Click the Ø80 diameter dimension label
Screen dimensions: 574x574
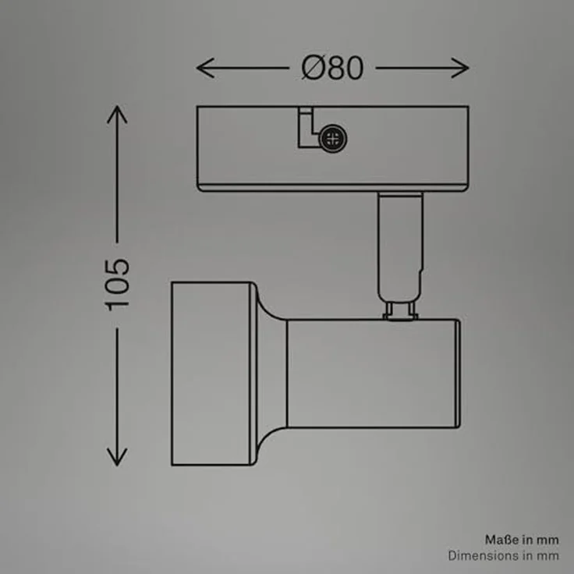332,68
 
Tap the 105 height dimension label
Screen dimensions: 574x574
118,285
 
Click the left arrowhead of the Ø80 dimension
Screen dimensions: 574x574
205,68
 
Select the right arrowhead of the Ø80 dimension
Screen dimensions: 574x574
460,68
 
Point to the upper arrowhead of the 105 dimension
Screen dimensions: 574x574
117,114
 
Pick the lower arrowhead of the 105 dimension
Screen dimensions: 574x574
117,457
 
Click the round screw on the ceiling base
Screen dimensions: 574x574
333,138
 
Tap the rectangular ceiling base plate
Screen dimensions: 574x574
332,149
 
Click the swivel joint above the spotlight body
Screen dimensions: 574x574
401,310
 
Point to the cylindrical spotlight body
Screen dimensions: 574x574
373,374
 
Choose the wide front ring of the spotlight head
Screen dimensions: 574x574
212,374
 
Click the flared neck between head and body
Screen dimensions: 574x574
271,374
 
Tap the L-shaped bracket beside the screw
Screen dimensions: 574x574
305,128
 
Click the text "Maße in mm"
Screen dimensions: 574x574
522,540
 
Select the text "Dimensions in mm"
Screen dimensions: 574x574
503,556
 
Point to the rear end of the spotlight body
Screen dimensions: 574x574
458,374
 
